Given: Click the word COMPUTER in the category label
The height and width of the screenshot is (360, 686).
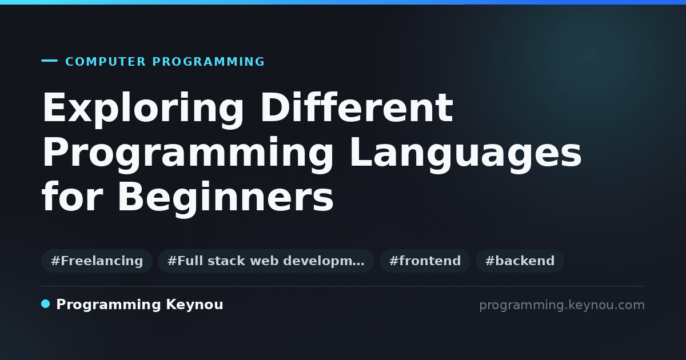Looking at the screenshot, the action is pos(105,62).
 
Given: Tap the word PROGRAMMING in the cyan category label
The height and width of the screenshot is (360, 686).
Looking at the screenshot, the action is pos(208,62).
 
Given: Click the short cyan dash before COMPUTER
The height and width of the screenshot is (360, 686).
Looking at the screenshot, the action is pos(49,61).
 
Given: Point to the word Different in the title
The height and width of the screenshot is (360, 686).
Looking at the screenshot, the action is pos(357,107).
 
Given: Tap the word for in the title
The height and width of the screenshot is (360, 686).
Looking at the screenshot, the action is pos(72,196).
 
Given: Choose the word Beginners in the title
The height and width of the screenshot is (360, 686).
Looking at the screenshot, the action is pos(226,199).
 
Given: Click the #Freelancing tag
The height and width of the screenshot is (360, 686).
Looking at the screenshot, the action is pos(97,261).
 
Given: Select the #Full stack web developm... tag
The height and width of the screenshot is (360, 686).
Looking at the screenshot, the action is pos(266,261).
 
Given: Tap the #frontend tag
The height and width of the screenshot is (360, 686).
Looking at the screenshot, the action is pos(425,261).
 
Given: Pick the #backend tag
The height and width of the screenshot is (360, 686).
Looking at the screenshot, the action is pos(520,261).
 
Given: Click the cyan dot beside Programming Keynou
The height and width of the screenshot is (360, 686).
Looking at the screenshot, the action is pos(46,304).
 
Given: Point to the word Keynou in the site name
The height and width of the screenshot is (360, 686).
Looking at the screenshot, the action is pos(194,305).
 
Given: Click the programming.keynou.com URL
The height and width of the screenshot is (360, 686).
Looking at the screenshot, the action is pos(562,305).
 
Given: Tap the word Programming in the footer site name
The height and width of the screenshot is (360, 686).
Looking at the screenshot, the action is pos(109,305).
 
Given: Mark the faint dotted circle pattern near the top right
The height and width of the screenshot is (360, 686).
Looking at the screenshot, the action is pos(591,57).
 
